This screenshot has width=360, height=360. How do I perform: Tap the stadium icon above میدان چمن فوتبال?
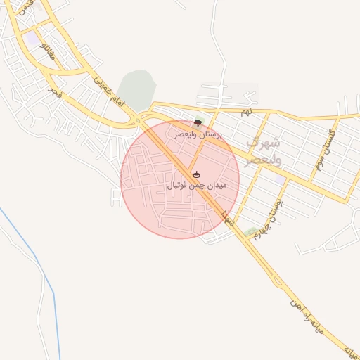pos(196,174)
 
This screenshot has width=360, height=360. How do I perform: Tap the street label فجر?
pos(53,92)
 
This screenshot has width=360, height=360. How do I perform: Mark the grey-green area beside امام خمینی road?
pos(136,89)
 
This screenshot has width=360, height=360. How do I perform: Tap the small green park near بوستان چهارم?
pos(250,231)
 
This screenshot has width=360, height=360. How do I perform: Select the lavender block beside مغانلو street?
pos(34,37)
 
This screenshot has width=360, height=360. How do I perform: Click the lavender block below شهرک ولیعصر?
pos(280,180)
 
